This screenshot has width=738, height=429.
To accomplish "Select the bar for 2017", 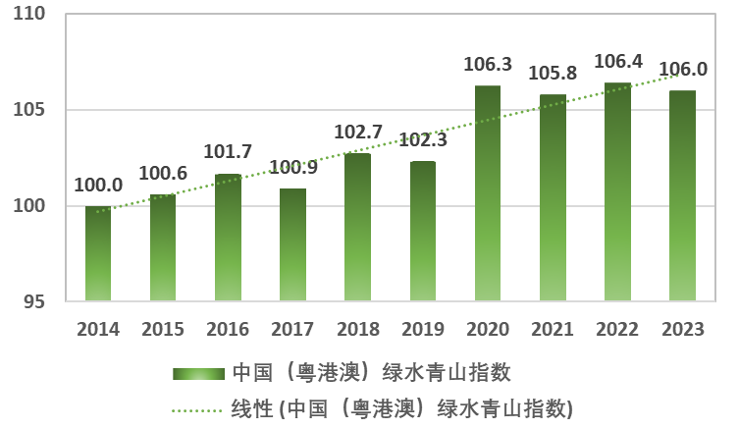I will point(292,244).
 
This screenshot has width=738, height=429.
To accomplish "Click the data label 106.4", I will point(618,62).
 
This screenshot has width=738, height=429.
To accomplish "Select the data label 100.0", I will point(98,186).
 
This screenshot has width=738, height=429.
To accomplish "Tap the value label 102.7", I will point(357,133).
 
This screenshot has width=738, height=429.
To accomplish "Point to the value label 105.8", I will point(553,74).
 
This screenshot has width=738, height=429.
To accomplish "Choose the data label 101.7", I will point(228,152).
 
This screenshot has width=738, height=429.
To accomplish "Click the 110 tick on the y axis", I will point(31,16).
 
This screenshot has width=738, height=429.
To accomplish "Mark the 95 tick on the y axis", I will point(36,300).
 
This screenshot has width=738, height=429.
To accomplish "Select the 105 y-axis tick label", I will point(31,111).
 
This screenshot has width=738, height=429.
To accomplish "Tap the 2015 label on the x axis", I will point(163,330).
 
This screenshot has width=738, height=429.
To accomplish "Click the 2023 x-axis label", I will point(682,330).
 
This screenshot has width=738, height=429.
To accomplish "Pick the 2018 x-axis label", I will point(357,330).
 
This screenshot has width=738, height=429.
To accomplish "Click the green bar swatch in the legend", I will point(199,374).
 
